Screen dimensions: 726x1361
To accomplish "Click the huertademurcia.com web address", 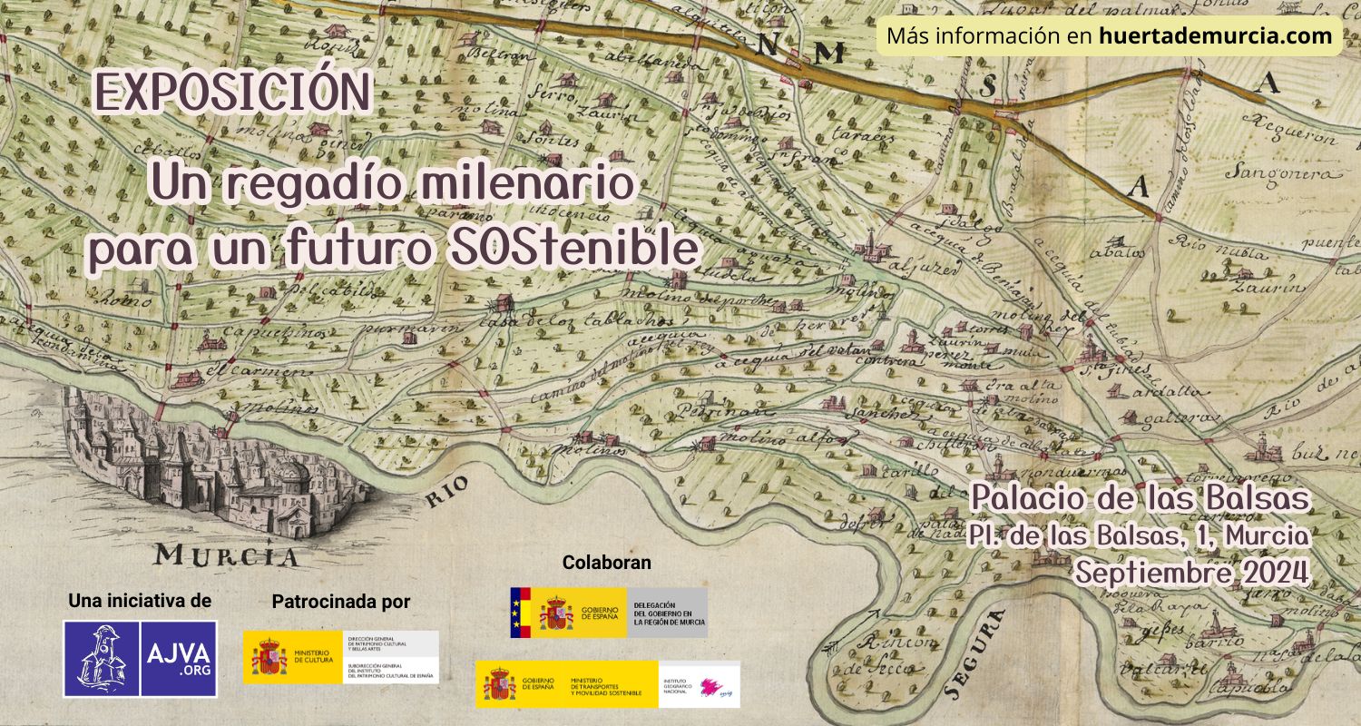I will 1216,36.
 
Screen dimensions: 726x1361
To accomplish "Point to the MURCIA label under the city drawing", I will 227,554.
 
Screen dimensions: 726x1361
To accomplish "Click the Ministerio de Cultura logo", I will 340,657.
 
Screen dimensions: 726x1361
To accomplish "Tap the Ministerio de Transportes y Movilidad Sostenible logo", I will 607,684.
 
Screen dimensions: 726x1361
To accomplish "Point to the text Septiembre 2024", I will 1191,573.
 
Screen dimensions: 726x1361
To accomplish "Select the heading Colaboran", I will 606,563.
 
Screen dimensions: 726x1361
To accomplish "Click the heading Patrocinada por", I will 341,601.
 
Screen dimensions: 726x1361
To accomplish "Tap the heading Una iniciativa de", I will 140,600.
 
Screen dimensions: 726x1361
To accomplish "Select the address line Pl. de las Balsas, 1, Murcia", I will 1140,535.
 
